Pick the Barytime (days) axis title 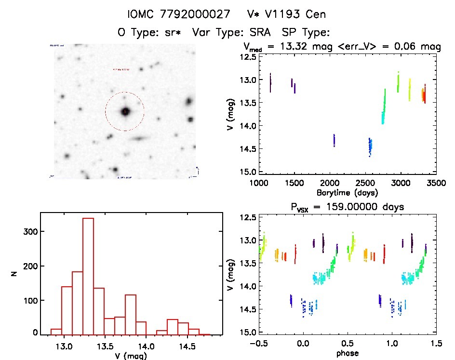(x=347, y=193)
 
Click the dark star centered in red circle (x=125, y=111)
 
